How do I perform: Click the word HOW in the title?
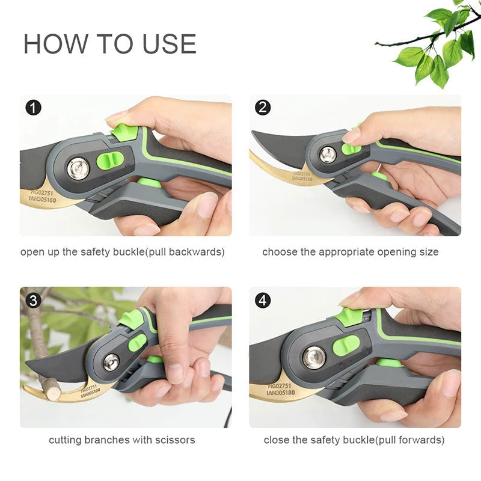(x=56, y=44)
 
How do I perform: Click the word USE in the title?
(x=169, y=44)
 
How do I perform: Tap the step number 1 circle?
(x=33, y=108)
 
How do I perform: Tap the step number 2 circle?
(x=263, y=108)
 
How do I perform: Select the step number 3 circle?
(x=33, y=300)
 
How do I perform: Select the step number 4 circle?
(x=263, y=300)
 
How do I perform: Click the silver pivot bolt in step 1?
(x=78, y=168)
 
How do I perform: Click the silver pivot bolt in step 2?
(x=328, y=155)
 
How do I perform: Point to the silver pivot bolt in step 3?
(x=111, y=362)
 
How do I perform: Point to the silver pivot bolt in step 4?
(x=314, y=358)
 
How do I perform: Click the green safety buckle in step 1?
(x=124, y=132)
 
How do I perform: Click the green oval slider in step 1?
(x=110, y=161)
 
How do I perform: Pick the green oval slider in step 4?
(x=346, y=345)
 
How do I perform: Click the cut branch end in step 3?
(x=53, y=393)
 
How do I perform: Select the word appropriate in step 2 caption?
(x=346, y=253)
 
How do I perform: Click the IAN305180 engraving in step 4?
(x=281, y=393)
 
